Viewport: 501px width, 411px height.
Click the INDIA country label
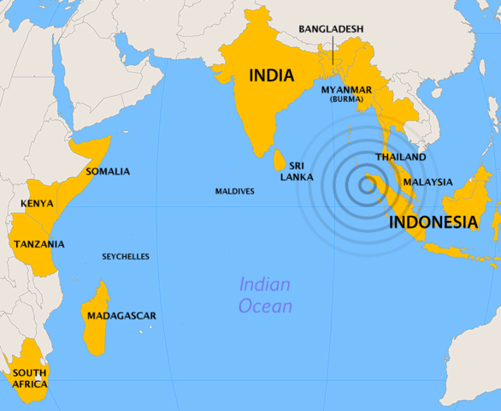271,75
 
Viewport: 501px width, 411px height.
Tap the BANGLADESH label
331,29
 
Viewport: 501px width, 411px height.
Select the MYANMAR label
346,89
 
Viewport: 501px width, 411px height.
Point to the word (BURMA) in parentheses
346,99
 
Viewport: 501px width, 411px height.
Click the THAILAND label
400,158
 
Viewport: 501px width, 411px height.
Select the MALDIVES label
234,191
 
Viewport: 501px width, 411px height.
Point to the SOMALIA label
108,171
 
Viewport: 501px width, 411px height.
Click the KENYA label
37,204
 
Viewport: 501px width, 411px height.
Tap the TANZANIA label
38,244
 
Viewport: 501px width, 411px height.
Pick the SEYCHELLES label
126,256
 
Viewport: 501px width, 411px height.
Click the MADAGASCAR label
121,316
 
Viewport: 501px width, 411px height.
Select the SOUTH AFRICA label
29,378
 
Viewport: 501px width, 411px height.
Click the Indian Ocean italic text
265,295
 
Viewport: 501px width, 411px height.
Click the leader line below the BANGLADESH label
331,51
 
